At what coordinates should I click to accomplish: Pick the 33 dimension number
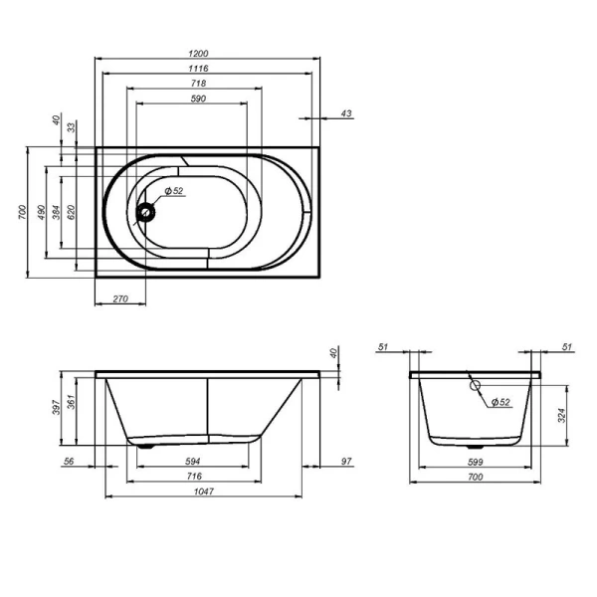coord(72,126)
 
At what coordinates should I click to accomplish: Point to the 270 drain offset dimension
coord(119,298)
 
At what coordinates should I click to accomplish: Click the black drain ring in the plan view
coord(147,211)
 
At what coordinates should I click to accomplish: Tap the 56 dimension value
coord(69,461)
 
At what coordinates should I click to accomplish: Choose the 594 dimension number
coord(193,461)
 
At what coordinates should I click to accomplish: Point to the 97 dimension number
coord(345,461)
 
